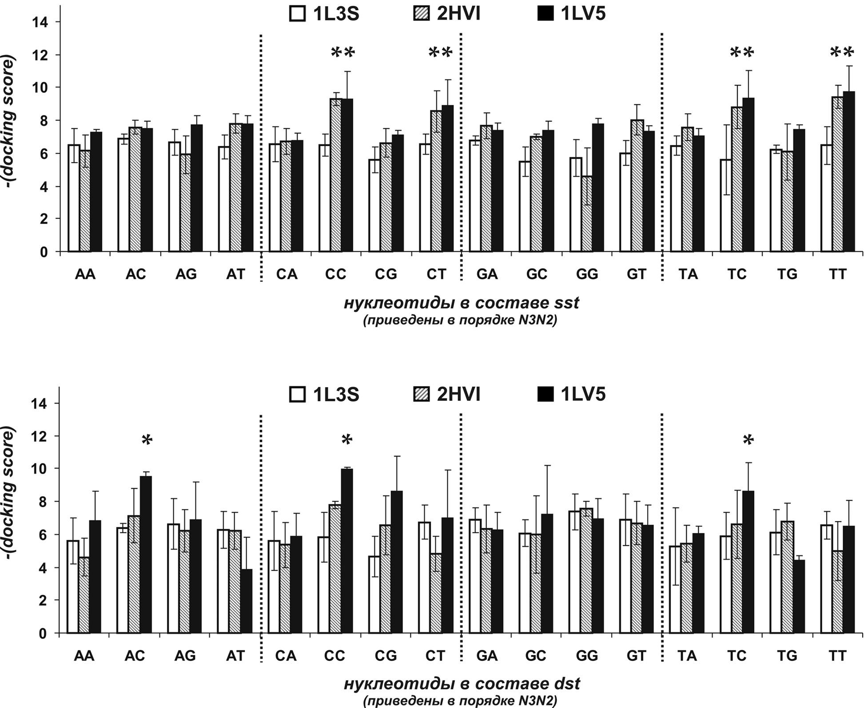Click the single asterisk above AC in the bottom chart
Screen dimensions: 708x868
[147, 440]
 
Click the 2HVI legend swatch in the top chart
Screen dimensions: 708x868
[421, 14]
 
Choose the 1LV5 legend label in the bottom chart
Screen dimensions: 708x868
[583, 394]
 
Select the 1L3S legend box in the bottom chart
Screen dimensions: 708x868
[297, 394]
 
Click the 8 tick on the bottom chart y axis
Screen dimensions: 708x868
[43, 502]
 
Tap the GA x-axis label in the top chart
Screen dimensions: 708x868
[487, 274]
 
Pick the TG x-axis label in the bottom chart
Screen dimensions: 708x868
[787, 656]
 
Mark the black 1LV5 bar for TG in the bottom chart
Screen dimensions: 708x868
[798, 597]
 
